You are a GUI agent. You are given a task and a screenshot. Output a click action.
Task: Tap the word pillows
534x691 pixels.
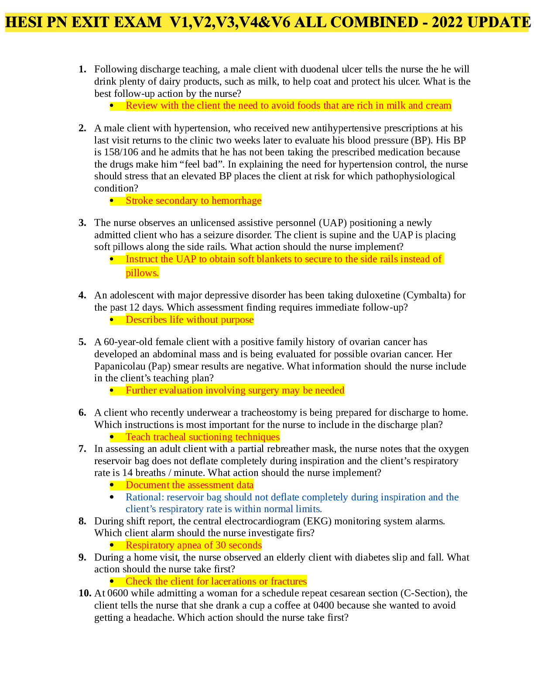click(x=142, y=273)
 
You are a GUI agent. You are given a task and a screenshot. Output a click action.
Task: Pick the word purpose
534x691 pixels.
click(x=237, y=320)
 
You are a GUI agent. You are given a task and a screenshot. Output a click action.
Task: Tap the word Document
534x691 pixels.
click(x=147, y=485)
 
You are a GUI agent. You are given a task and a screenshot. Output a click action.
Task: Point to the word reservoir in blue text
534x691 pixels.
click(x=183, y=497)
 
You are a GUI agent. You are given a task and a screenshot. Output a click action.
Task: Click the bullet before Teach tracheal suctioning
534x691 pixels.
click(x=112, y=437)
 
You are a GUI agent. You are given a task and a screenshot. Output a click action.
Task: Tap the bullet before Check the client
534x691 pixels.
click(x=112, y=582)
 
